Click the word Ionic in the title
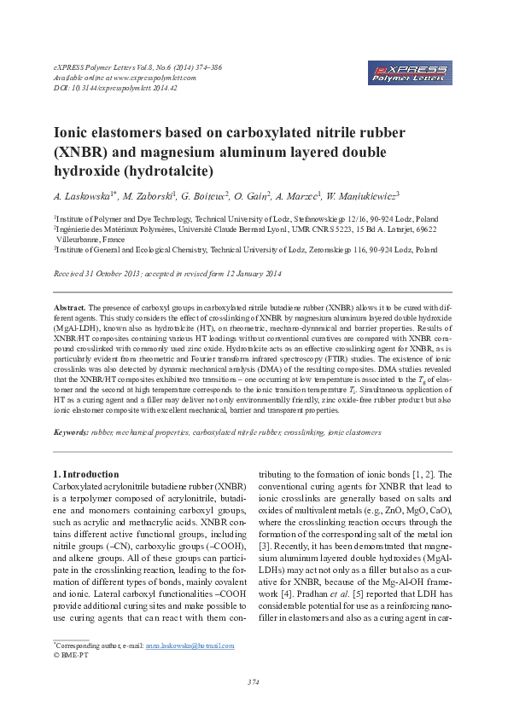(76, 133)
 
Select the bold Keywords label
(71, 432)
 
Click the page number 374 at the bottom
(254, 682)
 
